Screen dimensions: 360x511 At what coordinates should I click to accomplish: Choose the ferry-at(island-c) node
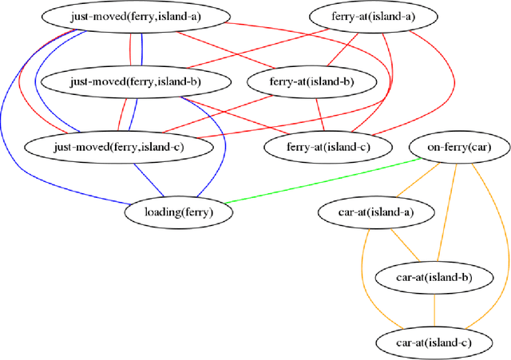327,146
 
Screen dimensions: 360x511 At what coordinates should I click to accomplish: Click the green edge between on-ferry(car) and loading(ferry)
319,180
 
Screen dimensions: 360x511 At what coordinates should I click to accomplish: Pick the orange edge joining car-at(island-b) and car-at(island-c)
434,311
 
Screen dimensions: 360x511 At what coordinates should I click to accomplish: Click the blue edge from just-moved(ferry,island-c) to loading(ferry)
149,179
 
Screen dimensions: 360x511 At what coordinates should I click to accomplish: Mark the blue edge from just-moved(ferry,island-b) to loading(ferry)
222,144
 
